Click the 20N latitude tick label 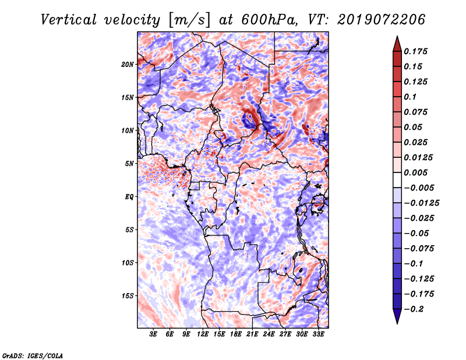pos(128,65)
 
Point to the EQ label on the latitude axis pos(129,197)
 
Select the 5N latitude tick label pos(129,164)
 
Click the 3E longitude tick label pos(153,334)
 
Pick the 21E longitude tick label pos(252,334)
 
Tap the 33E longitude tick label pos(318,334)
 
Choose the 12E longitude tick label pos(203,334)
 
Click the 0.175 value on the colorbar pos(415,51)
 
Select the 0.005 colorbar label pos(415,172)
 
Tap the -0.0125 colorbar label pos(421,203)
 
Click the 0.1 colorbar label pos(410,97)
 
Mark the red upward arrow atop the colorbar pos(397,44)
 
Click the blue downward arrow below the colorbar pos(397,316)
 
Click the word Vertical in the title pos(69,20)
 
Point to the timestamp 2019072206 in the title pos(382,20)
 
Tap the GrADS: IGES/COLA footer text pos(33,355)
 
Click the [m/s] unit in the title pos(189,20)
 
